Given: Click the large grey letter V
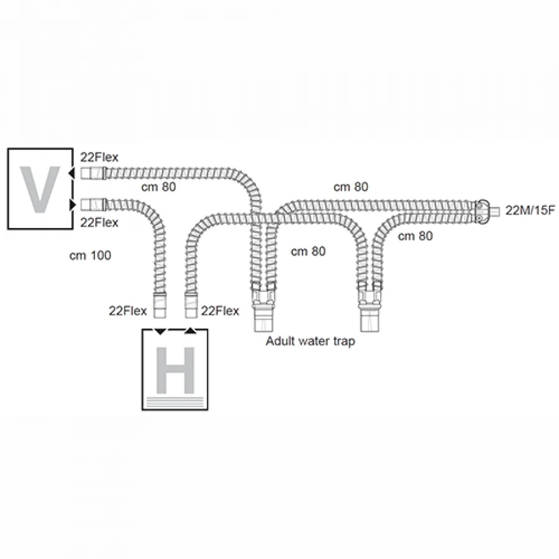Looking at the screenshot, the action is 40,189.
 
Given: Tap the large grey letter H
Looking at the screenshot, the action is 175,370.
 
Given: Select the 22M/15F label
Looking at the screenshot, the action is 530,211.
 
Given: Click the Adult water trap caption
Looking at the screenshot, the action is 311,341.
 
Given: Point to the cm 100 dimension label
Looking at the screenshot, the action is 90,255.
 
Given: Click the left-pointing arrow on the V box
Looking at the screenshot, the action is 71,173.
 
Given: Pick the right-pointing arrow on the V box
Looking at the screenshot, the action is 73,205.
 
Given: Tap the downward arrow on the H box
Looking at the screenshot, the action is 160,332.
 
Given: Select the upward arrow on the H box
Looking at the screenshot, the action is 191,331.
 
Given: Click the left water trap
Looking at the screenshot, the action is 264,307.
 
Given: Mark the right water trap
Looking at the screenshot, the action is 370,307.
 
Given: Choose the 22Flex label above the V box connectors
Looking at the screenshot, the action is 99,157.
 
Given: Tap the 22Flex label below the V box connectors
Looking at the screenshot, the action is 99,222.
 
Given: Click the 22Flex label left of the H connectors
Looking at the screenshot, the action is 127,311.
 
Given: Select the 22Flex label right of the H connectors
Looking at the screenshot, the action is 220,311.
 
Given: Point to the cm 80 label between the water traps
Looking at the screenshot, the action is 308,252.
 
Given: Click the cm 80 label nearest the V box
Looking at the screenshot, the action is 158,187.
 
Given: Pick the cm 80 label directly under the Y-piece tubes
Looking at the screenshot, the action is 416,236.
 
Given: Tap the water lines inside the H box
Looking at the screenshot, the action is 175,402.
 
